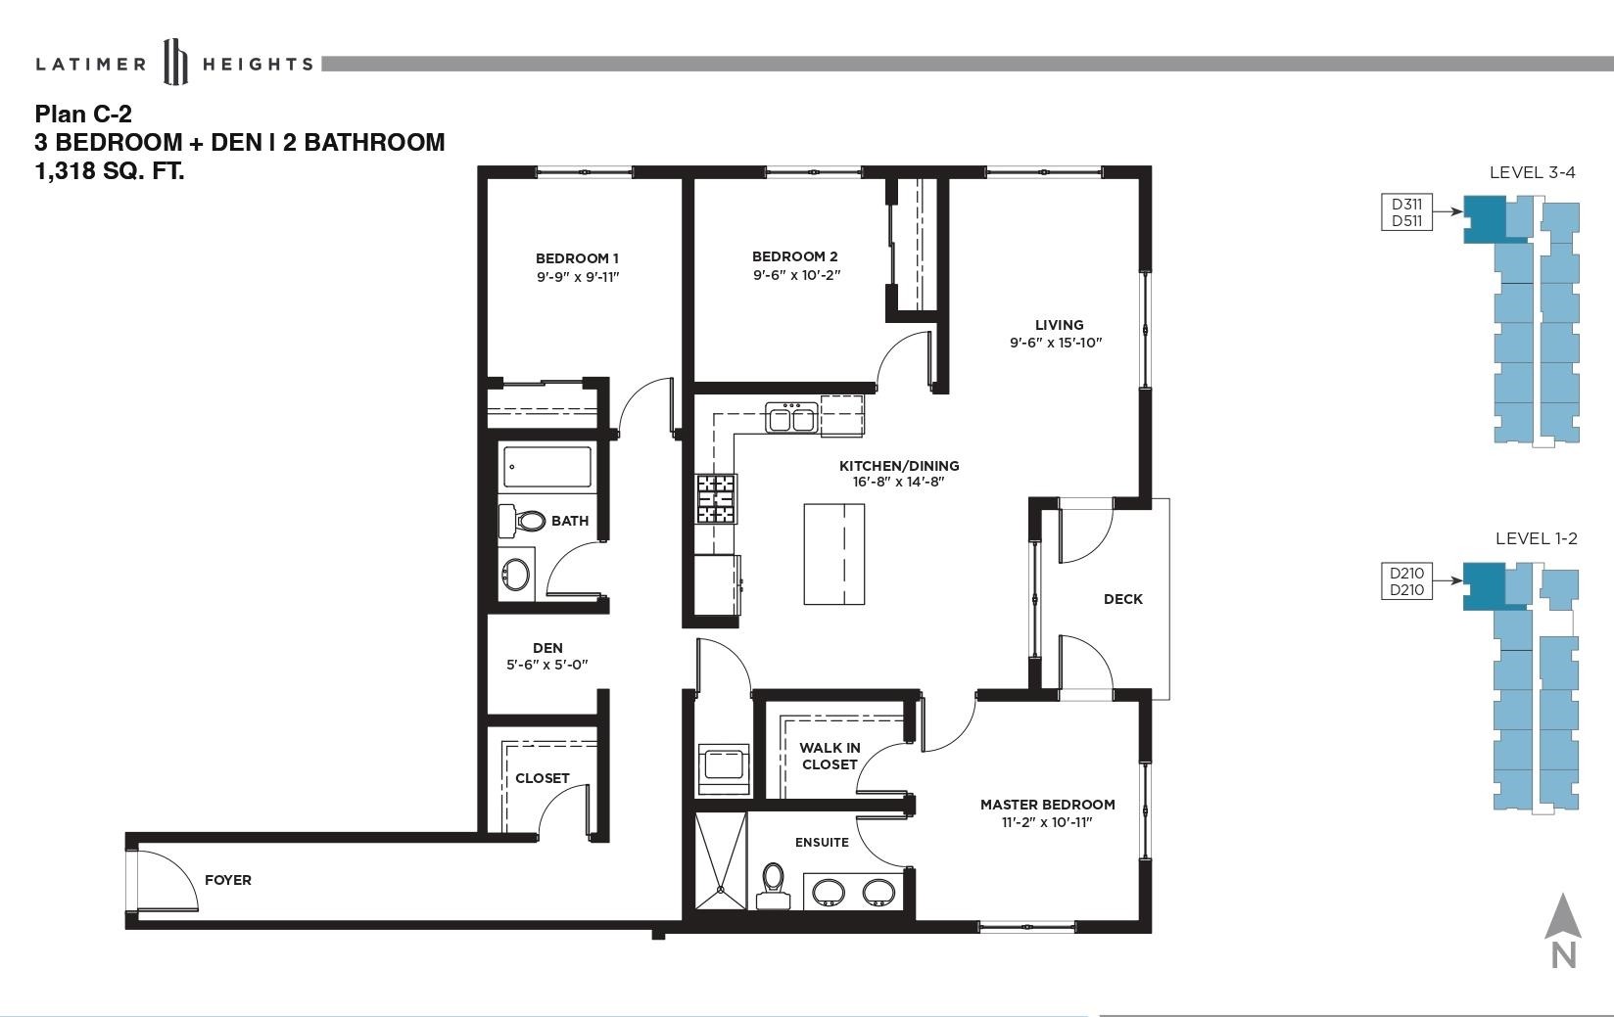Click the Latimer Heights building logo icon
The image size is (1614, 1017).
coord(175,62)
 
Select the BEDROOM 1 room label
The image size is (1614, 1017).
coord(577,258)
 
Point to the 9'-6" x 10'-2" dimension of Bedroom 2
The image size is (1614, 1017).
coord(797,275)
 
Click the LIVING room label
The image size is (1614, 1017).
coord(1060,325)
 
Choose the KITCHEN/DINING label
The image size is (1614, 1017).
coord(899,466)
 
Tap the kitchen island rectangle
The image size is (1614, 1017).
coord(834,554)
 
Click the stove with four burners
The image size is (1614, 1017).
coord(716,498)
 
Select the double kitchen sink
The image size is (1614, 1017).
coord(791,418)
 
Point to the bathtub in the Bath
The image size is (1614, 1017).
coord(547,467)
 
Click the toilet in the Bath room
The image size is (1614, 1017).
coord(522,521)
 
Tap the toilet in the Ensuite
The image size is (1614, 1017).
coord(773,887)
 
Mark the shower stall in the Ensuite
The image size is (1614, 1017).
coord(721,861)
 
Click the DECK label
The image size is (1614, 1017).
coord(1122,599)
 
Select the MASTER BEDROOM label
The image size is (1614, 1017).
coord(1048,805)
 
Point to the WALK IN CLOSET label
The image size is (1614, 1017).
coord(830,757)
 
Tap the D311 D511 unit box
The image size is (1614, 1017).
coord(1406,212)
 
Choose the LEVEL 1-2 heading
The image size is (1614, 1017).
coord(1537,538)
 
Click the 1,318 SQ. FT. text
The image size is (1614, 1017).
coord(110,171)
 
